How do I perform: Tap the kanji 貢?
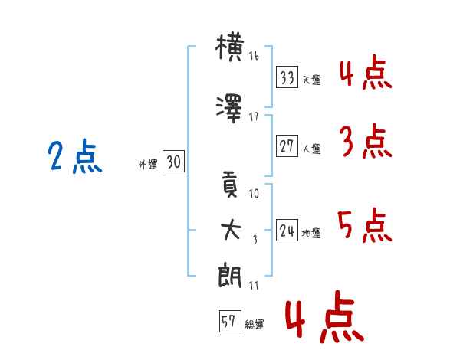(x=230, y=187)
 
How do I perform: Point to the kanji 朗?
(x=230, y=277)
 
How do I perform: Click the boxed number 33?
(x=287, y=77)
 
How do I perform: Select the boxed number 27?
(x=287, y=146)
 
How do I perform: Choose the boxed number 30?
(x=173, y=162)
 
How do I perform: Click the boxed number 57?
(x=229, y=322)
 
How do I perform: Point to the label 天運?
(x=312, y=80)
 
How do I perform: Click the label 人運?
(x=312, y=149)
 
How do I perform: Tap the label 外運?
(x=148, y=164)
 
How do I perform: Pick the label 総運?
(x=255, y=324)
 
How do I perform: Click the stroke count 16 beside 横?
(x=254, y=56)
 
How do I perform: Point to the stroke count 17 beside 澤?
(x=254, y=116)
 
